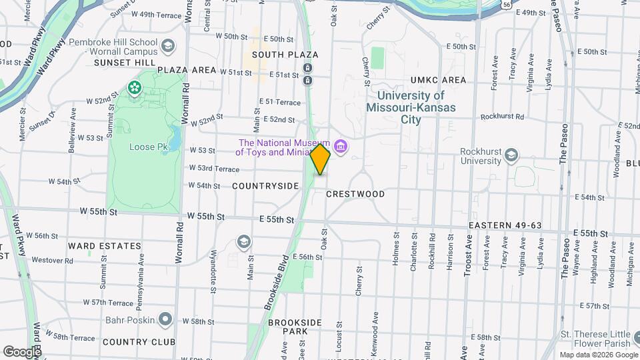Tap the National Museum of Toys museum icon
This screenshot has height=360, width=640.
click(x=341, y=147)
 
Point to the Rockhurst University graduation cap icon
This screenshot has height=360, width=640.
click(x=511, y=155)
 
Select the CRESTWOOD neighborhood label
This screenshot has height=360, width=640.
click(x=355, y=194)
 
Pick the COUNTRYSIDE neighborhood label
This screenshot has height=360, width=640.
click(x=265, y=186)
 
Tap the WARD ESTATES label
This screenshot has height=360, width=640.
click(x=105, y=246)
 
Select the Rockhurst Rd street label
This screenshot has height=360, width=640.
click(x=502, y=116)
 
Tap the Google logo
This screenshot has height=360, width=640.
click(x=21, y=351)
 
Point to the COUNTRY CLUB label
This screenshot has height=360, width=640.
click(x=139, y=342)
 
